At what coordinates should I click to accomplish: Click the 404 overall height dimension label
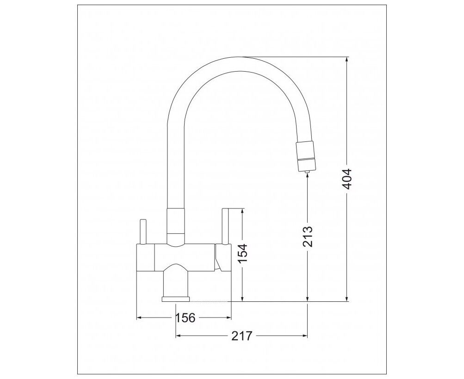coord(347,179)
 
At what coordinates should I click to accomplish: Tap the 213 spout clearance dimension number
coord(308,237)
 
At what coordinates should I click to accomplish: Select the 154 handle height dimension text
coord(243,253)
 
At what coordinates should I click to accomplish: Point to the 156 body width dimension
coord(186,318)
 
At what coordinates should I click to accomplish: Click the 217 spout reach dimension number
coord(242,336)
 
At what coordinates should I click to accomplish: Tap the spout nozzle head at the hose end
coord(307,156)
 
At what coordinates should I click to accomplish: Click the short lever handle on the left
coord(143,232)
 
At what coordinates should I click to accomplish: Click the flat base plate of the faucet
coord(175,299)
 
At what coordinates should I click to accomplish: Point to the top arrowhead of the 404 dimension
coord(347,60)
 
